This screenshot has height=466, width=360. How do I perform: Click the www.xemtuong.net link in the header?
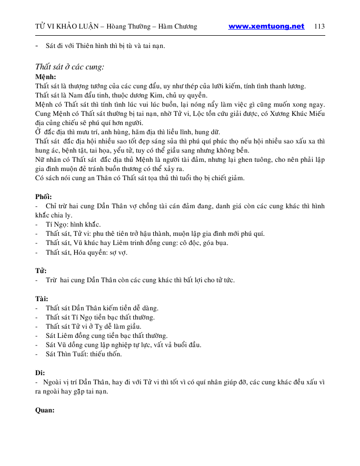[266, 27]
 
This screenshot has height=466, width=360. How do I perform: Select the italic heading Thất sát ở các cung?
[70, 67]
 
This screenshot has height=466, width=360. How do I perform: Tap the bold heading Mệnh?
[45, 77]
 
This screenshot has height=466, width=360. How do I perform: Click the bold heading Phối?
[43, 197]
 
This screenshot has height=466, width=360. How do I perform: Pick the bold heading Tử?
[41, 271]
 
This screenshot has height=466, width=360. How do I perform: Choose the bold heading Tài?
[41, 298]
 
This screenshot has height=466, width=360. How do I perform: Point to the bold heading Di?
[40, 373]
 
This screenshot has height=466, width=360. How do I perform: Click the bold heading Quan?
[44, 410]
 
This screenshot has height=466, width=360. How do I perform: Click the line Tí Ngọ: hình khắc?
[73, 225]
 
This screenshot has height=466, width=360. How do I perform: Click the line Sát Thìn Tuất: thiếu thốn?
[84, 354]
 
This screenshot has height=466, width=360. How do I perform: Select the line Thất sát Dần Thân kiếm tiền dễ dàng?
[102, 308]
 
